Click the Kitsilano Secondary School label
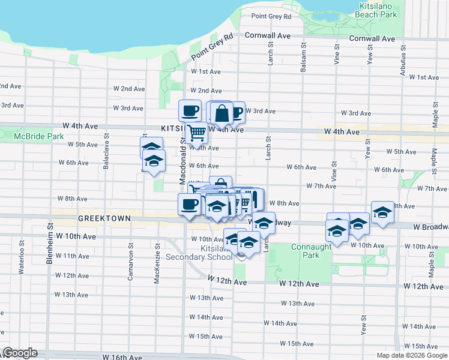(x=199, y=253)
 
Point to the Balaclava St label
(x=106, y=158)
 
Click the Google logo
(x=20, y=353)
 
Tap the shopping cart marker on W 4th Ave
(x=196, y=132)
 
